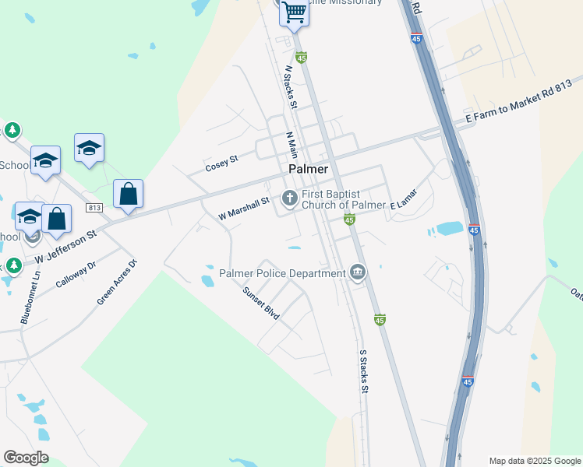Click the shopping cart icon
click(295, 12)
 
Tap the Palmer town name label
click(309, 169)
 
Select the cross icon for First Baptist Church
click(289, 198)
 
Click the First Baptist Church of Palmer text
click(344, 199)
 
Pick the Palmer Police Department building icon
click(358, 272)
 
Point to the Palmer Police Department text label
click(282, 273)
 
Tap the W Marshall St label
click(243, 208)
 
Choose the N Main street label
click(292, 145)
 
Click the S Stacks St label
click(362, 370)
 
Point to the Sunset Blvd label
click(261, 303)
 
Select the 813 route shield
click(94, 208)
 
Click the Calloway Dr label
click(76, 275)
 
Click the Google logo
click(26, 458)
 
